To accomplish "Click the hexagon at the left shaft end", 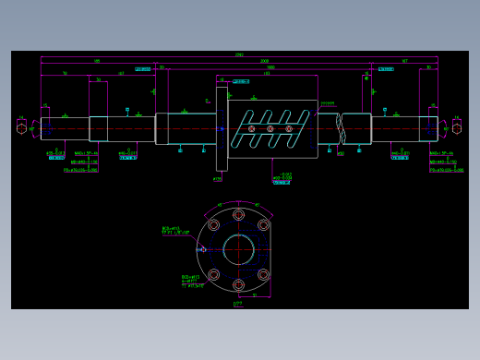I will coord(20,127).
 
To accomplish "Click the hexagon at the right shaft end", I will coord(456,127).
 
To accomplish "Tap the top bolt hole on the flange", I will coord(238,214).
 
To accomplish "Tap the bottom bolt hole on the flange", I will coord(238,284).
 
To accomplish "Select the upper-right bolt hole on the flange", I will coord(263,224).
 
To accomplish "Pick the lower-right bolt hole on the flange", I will coord(263,274).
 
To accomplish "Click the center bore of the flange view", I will coord(238,249).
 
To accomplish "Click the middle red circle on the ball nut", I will coord(270,128).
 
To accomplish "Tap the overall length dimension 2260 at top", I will coord(238,55).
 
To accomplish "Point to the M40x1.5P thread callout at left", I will coord(85,154).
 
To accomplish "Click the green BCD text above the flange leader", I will coord(171,228).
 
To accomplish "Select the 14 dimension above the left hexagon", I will coord(20,117).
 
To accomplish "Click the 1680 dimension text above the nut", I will coord(270,67).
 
